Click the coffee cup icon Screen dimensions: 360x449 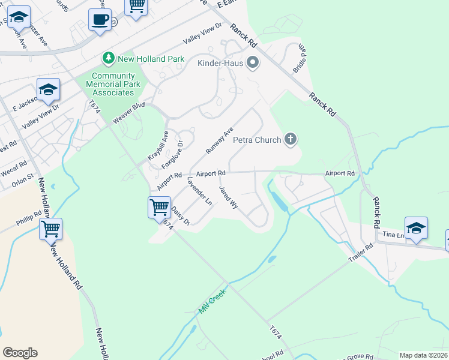(100, 19)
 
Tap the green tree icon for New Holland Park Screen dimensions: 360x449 (109, 58)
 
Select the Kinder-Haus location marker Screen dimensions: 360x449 (253, 61)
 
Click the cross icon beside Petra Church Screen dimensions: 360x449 (291, 140)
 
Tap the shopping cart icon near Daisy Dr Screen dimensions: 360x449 (159, 208)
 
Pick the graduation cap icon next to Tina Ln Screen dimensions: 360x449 (416, 228)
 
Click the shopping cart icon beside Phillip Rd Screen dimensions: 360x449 (51, 229)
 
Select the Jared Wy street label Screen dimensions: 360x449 (229, 197)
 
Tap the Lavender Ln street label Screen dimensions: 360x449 (199, 191)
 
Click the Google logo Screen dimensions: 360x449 (20, 353)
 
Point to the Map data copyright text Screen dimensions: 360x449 (423, 355)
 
